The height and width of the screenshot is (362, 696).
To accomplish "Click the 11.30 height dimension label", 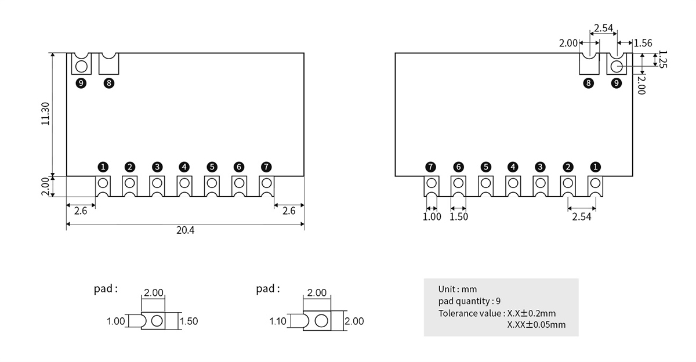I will pos(46,114).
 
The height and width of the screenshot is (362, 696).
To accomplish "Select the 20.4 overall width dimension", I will pos(185,230).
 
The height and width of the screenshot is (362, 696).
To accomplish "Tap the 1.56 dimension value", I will pos(643,43).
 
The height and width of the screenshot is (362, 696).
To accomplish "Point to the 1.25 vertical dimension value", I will pos(663,59).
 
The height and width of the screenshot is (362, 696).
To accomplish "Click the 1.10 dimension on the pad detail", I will pos(278,321).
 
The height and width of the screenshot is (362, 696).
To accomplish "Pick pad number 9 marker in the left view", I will pos(81,83).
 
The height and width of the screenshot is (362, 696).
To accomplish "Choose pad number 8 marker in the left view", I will pos(108,83).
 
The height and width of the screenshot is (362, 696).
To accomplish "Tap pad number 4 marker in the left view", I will pos(184,167).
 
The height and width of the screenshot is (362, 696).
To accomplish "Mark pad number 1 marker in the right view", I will pos(595,167).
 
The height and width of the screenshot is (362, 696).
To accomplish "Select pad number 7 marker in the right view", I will pos(430,167).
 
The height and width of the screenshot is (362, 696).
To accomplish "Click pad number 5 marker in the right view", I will pos(485,167).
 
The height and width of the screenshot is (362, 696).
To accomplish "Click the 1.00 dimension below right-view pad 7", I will pos(432,216).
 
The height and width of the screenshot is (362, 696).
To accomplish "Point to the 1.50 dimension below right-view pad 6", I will pos(458,216).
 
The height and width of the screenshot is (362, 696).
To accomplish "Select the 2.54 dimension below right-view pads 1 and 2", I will pos(582,216).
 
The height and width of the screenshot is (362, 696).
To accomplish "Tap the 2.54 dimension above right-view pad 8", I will pos(603,28).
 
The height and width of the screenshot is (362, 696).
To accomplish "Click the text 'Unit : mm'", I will pos(458,289).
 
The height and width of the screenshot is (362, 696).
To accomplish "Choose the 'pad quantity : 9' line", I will pos(470,301).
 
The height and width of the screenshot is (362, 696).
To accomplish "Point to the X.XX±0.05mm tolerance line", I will pos(536,324).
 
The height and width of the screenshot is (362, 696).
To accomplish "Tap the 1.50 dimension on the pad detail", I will pos(189,321).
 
